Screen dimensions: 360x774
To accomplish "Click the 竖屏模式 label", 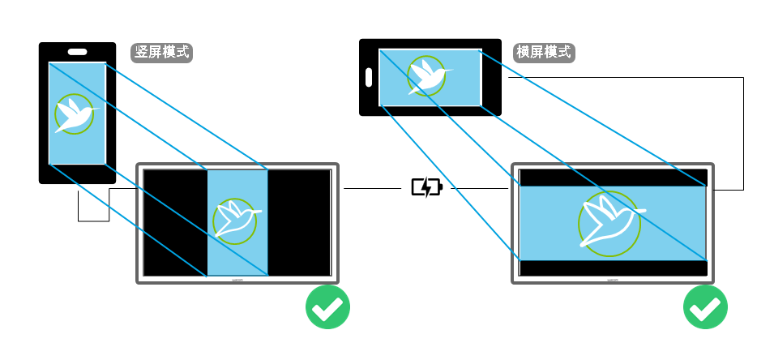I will pyautogui.click(x=162, y=53).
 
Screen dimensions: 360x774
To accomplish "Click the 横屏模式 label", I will pyautogui.click(x=544, y=53).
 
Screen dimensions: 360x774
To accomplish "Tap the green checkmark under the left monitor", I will pyautogui.click(x=327, y=307).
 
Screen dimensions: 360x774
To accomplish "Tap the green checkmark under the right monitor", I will pyautogui.click(x=705, y=307).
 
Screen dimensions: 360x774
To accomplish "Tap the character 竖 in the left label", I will pyautogui.click(x=142, y=53).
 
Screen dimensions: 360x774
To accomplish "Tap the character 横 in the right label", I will pyautogui.click(x=524, y=53).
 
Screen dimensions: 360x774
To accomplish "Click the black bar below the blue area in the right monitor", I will pyautogui.click(x=612, y=268).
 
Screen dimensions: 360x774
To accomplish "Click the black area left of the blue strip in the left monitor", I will pyautogui.click(x=174, y=223).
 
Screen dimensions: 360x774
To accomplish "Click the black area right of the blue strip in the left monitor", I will pyautogui.click(x=300, y=223).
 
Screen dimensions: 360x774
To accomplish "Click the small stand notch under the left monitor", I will pyautogui.click(x=237, y=281).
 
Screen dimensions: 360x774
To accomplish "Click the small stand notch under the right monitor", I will pyautogui.click(x=612, y=281).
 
